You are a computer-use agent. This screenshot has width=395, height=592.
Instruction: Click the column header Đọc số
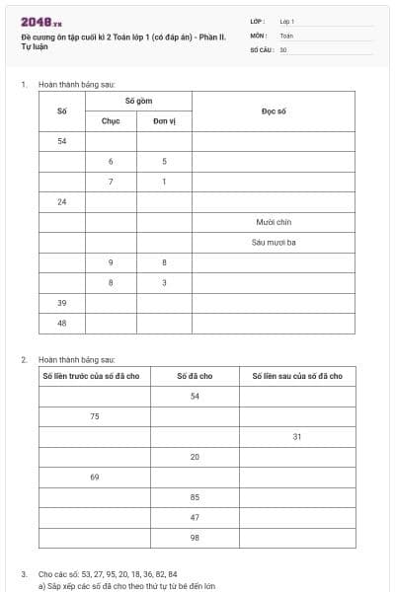tap(274, 111)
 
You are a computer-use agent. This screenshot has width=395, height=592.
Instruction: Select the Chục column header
tap(111, 121)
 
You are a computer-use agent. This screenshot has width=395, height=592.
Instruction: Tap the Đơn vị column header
tap(164, 121)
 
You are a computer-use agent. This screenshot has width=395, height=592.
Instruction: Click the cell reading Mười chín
tap(274, 222)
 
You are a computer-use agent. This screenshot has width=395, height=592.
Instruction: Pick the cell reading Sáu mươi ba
tap(274, 242)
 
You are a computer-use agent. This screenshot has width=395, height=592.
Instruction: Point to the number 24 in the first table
tap(62, 201)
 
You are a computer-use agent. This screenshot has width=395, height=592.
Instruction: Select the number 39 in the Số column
tap(62, 302)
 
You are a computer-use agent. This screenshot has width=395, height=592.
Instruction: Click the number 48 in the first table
tap(62, 323)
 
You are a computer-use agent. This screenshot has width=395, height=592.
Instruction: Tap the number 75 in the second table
tap(95, 416)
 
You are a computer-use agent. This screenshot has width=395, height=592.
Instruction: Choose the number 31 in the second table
tap(297, 436)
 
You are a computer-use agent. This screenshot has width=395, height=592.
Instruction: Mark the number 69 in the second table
tap(95, 477)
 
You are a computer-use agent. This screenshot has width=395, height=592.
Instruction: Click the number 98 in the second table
tap(195, 537)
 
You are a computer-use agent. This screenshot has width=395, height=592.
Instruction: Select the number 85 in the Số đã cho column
tap(195, 496)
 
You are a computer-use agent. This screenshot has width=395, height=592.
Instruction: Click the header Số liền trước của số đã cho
tap(95, 376)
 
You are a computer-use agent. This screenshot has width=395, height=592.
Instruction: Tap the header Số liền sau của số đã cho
tap(297, 376)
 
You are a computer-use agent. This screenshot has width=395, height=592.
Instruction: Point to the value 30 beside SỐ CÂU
tap(283, 48)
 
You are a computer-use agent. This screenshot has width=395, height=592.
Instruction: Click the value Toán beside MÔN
tap(286, 35)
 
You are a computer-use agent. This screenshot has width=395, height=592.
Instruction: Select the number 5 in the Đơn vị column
tap(164, 161)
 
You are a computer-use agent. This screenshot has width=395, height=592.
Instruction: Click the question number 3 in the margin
tap(24, 573)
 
